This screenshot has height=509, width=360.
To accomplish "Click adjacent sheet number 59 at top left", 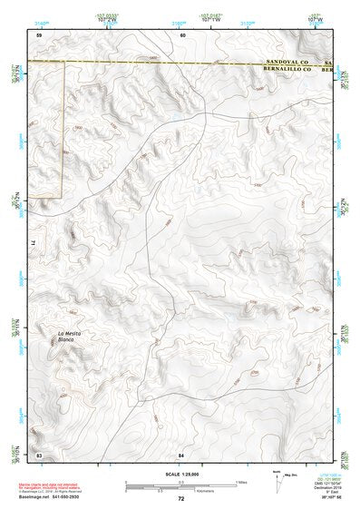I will point(39,34).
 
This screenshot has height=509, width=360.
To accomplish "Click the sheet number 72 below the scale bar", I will point(181,499).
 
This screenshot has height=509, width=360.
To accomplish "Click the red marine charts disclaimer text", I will point(54,485).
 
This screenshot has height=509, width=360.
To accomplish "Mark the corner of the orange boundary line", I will point(61,195).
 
